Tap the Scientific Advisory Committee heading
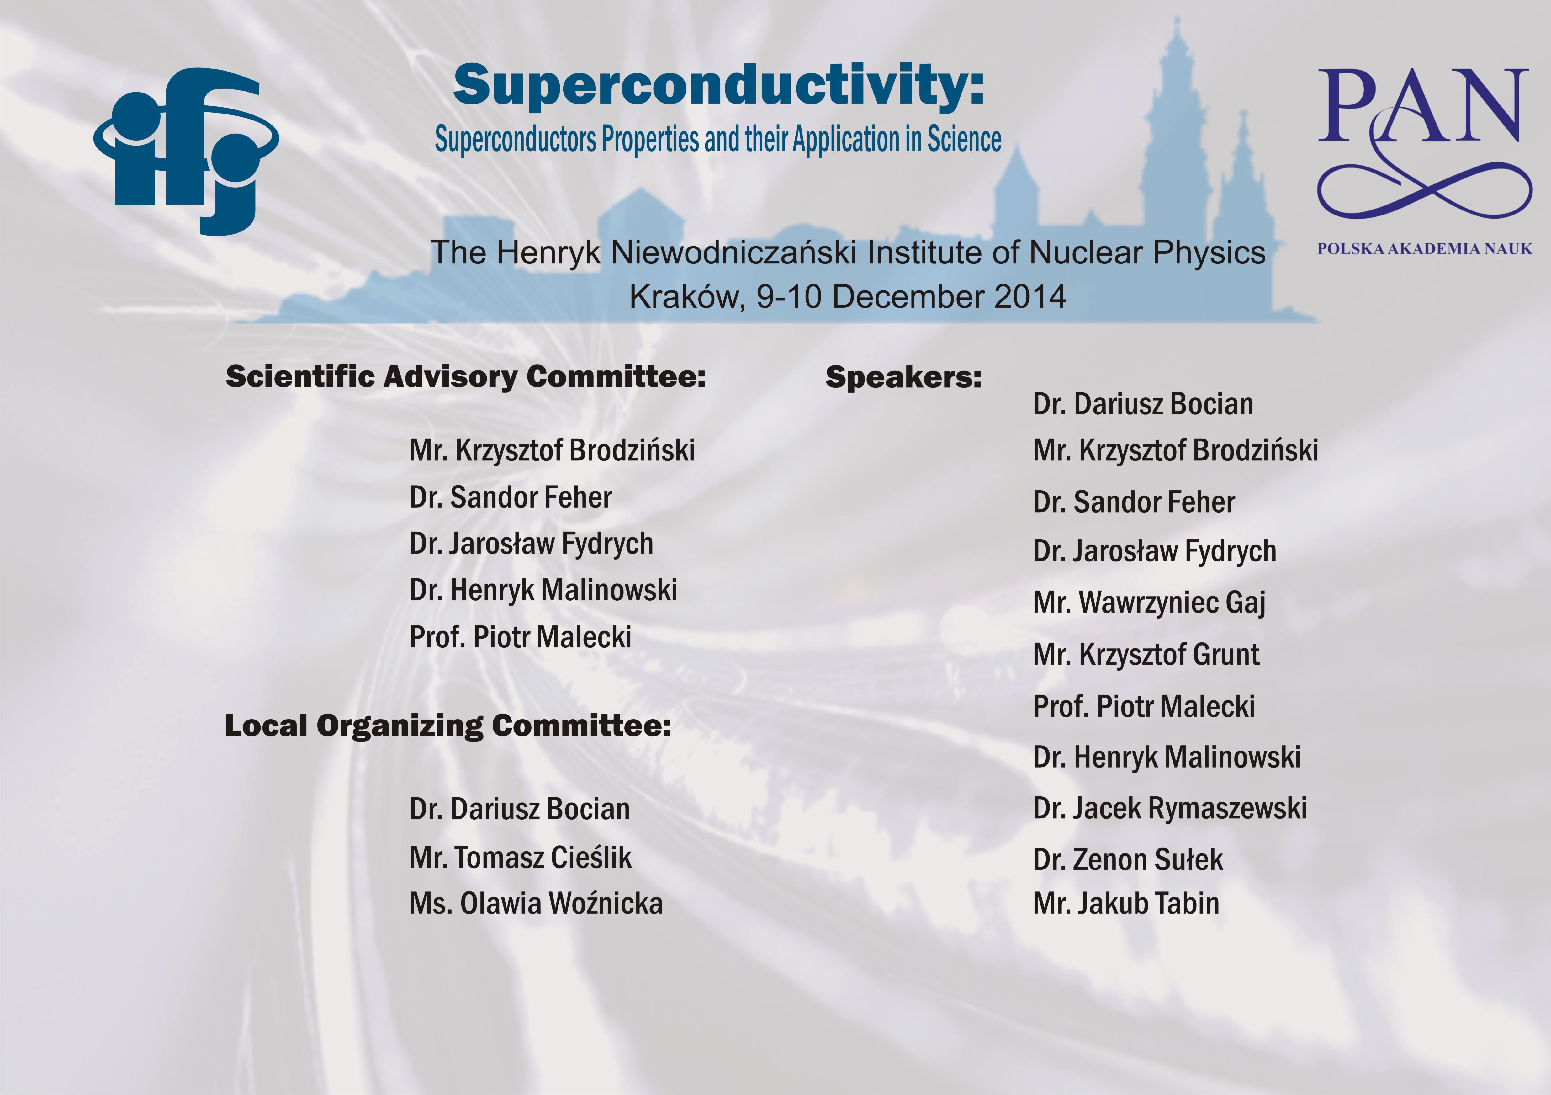pyautogui.click(x=465, y=376)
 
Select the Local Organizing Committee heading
pyautogui.click(x=448, y=726)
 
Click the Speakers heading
pyautogui.click(x=903, y=377)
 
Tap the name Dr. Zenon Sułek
pyautogui.click(x=1128, y=859)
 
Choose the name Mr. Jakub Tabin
pyautogui.click(x=1126, y=903)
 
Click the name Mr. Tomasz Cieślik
pyautogui.click(x=520, y=857)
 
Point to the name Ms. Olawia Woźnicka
pyautogui.click(x=536, y=903)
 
